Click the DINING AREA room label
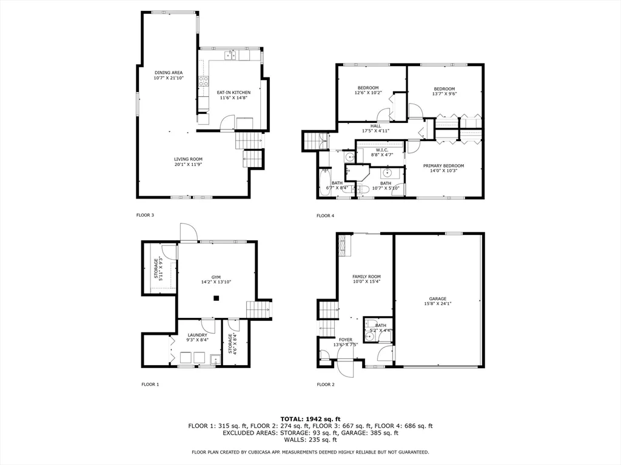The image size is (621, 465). (x=168, y=73)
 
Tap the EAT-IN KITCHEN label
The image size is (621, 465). (x=233, y=93)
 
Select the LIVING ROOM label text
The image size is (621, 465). (x=187, y=159)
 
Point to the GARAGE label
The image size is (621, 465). (x=438, y=298)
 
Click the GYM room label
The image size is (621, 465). (x=216, y=277)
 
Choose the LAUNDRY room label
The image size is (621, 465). (x=197, y=335)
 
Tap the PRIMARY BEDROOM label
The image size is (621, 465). (x=443, y=166)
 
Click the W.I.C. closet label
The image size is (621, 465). (x=381, y=150)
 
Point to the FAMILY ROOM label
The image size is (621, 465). (x=366, y=276)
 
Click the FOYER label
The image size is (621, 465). (x=345, y=340)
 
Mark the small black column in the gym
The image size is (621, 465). (x=216, y=298)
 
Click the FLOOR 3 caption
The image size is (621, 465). (x=144, y=215)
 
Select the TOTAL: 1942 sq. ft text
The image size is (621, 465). (x=310, y=419)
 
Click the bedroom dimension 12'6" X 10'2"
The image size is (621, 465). (x=368, y=93)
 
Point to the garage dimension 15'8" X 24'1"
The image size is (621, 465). (x=438, y=304)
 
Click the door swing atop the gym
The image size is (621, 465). (x=187, y=232)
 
